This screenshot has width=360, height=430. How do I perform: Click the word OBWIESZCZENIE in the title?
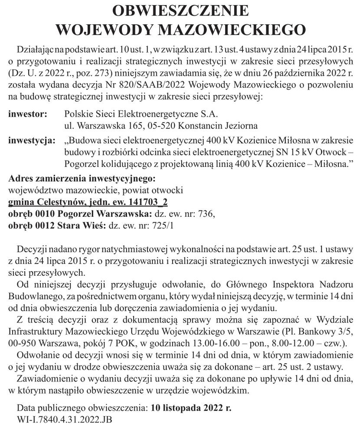click(x=180, y=11)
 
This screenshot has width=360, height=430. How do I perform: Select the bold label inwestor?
click(x=27, y=114)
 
